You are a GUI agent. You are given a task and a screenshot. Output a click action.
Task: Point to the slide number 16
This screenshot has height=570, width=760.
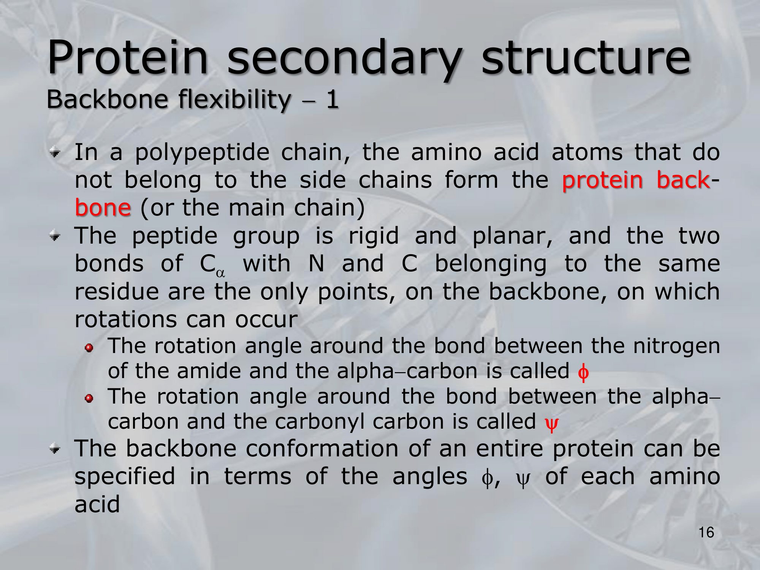[706, 532]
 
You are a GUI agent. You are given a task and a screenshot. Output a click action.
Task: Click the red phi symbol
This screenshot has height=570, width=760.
[583, 372]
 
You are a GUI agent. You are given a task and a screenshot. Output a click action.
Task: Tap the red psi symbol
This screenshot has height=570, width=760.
[552, 423]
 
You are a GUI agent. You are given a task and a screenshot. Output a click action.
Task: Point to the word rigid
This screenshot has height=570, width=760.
[374, 237]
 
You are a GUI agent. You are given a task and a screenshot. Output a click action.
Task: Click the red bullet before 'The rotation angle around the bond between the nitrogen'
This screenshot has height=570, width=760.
[89, 348]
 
